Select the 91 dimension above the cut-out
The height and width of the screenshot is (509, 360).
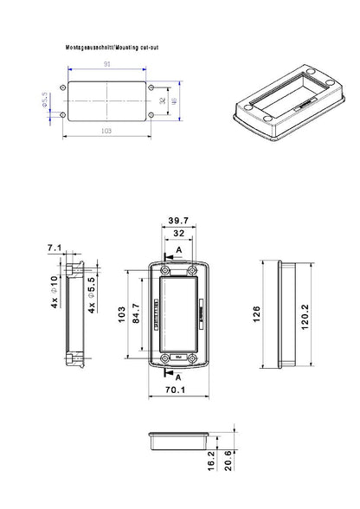(106, 64)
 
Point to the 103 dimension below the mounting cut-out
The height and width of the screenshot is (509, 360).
(106, 130)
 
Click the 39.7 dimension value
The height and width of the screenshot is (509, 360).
(180, 221)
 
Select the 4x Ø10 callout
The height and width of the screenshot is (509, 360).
(54, 292)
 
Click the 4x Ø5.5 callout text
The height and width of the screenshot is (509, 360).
(93, 292)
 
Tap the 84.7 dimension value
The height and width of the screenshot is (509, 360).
(136, 312)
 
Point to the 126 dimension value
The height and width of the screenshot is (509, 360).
(257, 312)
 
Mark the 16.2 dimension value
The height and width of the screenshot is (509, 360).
(212, 460)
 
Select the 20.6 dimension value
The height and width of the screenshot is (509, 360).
(228, 460)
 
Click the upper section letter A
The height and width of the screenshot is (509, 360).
(178, 250)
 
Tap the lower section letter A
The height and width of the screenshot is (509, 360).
(178, 378)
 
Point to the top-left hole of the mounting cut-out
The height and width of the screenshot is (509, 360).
(63, 87)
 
